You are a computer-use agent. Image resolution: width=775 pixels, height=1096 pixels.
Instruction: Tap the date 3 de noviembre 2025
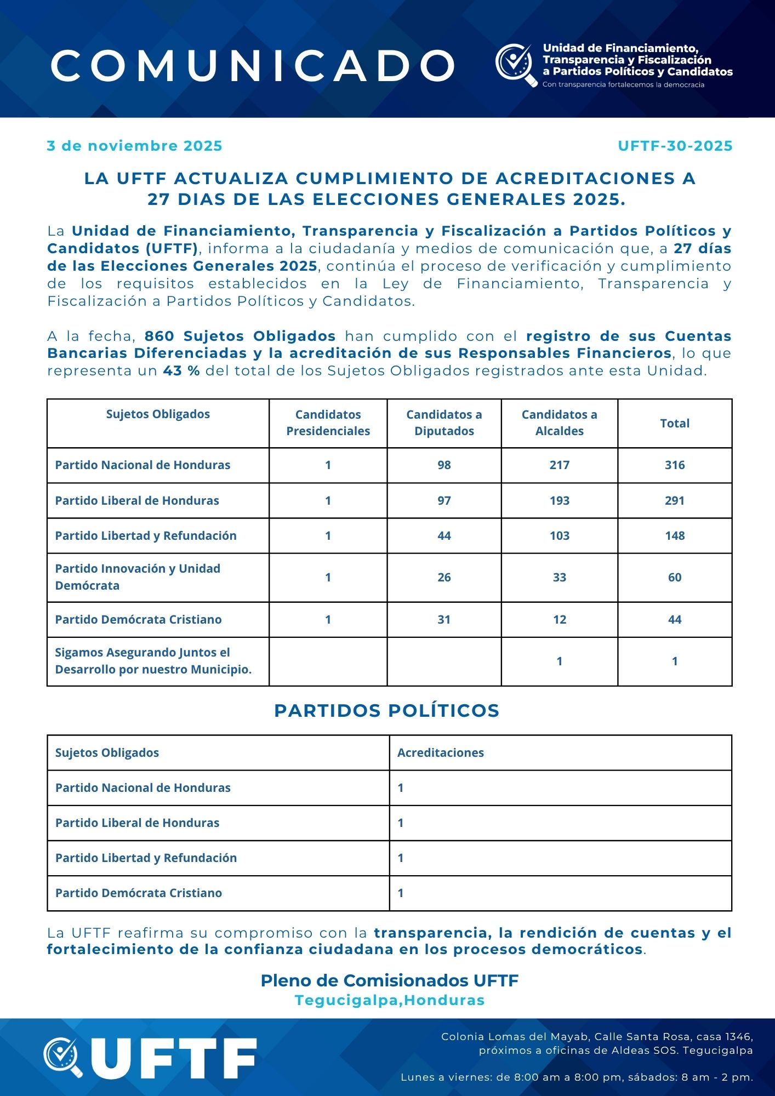(x=134, y=146)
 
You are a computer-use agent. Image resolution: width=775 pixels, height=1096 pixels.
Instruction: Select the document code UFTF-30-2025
(x=675, y=146)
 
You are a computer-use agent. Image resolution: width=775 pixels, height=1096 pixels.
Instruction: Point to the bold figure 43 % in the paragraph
(x=181, y=371)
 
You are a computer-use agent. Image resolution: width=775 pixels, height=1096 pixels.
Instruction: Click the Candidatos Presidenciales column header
(x=328, y=423)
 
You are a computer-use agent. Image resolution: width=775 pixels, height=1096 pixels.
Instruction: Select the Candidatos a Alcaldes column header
(x=559, y=423)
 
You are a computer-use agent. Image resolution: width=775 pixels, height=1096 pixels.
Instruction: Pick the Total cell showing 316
(x=675, y=465)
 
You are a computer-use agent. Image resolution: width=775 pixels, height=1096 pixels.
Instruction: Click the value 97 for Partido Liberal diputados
(x=444, y=500)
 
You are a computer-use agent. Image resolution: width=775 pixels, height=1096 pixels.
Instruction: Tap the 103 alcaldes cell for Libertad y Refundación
(x=559, y=535)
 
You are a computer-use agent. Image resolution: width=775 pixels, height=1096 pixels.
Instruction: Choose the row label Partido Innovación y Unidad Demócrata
(x=138, y=577)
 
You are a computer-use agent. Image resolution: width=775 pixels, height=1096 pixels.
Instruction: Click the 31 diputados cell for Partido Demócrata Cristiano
(x=444, y=620)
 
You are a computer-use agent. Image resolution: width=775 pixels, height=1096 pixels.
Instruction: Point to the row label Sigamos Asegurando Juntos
(x=153, y=661)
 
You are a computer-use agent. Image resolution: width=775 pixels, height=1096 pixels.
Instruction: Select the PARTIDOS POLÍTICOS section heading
(x=387, y=710)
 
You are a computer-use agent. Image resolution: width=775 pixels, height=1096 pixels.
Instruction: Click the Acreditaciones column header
(x=441, y=753)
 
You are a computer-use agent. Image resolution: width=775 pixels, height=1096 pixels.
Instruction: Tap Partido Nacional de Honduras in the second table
(x=143, y=788)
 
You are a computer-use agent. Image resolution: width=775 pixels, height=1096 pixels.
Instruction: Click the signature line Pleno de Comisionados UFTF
(x=389, y=980)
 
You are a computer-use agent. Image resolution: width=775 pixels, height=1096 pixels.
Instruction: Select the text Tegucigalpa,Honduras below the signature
(x=389, y=1000)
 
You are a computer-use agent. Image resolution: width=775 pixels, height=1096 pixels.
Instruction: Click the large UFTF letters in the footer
(x=173, y=1059)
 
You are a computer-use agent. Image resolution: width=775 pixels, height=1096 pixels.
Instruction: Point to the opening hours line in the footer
(x=577, y=1077)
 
